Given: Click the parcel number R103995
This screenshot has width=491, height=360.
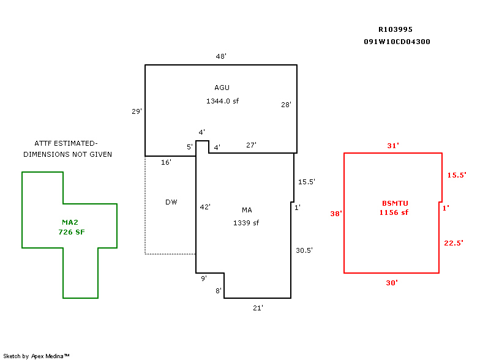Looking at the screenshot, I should (x=395, y=29).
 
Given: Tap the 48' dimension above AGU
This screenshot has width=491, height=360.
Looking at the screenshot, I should (x=221, y=56).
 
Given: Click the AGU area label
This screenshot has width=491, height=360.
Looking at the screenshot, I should (x=222, y=88).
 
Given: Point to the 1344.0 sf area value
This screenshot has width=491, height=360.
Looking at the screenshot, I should (x=222, y=100).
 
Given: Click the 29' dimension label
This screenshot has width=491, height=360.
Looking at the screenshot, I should (x=137, y=111).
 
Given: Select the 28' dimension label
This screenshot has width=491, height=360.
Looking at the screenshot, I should (x=286, y=105).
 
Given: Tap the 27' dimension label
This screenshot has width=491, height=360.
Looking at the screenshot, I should (x=251, y=145).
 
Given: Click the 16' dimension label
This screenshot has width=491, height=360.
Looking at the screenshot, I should (x=166, y=162).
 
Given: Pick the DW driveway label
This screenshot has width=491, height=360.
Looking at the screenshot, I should (x=171, y=202).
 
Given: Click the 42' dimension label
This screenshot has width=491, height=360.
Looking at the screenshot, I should (x=205, y=207).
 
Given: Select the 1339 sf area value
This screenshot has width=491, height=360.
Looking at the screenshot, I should (x=246, y=223).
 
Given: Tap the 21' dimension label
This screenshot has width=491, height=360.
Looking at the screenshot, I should (x=258, y=308).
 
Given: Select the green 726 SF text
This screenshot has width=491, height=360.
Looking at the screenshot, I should (x=72, y=232).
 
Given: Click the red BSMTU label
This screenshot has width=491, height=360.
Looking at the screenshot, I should (x=394, y=203).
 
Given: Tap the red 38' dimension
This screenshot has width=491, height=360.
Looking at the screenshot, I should (x=336, y=214).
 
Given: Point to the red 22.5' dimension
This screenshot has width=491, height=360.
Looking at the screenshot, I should (x=454, y=243).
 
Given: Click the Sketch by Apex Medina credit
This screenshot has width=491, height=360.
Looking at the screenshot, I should (x=36, y=356).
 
